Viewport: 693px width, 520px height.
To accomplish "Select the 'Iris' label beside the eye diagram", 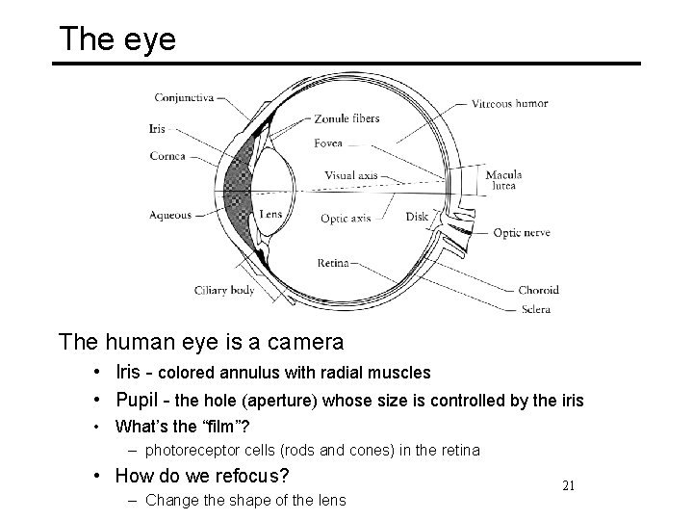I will pos(156,127).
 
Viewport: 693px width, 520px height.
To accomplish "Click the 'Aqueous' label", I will pos(170,215).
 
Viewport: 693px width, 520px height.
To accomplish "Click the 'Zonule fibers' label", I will pos(346,118).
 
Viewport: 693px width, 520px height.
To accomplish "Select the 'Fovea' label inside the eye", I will pos(327,143).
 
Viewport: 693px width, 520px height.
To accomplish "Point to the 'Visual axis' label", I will pos(350,176).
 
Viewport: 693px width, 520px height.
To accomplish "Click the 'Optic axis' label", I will pos(346,219).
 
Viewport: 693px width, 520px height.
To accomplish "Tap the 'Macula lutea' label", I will pos(503,180).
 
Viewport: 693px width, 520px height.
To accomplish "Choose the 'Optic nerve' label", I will pos(521,233).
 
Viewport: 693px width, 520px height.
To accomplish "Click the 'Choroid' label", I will pos(538,289).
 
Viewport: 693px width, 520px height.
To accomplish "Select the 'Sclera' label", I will pos(534,308).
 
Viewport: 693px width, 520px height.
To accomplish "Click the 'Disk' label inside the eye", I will pos(417,217).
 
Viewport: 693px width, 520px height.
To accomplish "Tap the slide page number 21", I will pos(567,485).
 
